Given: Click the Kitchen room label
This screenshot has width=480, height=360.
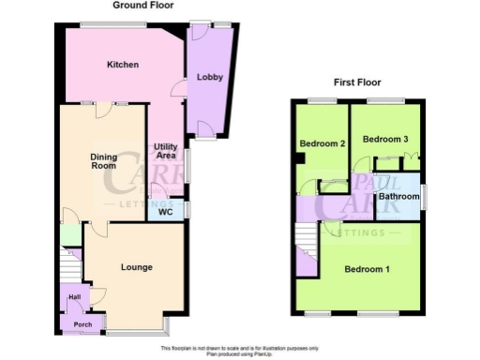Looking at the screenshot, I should click(123, 65).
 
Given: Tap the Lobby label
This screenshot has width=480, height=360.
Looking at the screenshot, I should click(210, 78).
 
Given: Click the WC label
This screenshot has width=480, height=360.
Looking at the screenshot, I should click(166, 212).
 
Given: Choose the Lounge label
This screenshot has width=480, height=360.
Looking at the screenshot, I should click(137, 267).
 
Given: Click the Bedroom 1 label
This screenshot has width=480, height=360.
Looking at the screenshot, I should click(367, 270).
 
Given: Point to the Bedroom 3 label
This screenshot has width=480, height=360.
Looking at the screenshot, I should click(385, 140).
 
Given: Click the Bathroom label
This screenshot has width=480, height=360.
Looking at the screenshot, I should click(398, 197).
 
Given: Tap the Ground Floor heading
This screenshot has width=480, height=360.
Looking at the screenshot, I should click(141, 6).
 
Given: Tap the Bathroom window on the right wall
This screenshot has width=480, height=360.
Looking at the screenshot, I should click(422, 197).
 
